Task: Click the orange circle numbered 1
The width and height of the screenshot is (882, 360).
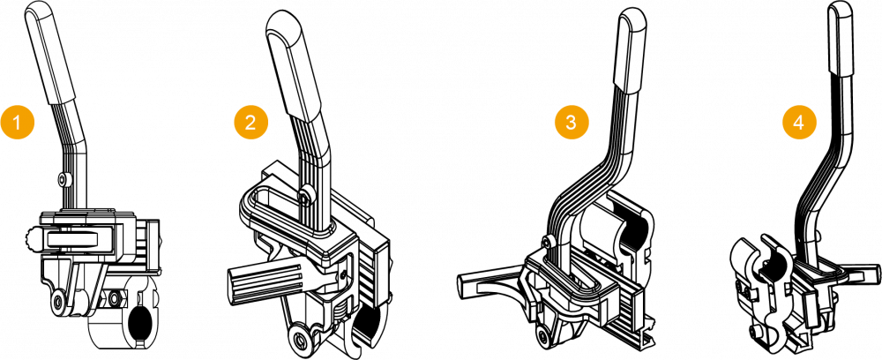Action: [18, 122]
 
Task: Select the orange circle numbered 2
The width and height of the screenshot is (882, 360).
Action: [250, 122]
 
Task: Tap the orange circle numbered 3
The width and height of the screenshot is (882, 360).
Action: [571, 122]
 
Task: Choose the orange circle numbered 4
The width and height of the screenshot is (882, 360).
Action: [799, 122]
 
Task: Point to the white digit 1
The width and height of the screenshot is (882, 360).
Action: [18, 122]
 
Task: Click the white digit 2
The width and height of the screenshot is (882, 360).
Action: [250, 122]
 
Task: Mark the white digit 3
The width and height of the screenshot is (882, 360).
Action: [571, 122]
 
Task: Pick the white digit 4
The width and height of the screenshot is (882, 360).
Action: [799, 122]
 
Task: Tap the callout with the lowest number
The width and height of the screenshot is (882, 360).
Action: [18, 122]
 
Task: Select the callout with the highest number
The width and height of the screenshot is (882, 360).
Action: [799, 122]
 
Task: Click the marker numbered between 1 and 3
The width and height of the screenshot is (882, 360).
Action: [250, 122]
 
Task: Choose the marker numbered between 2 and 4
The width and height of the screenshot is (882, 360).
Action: [571, 122]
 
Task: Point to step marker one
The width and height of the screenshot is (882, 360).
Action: [18, 122]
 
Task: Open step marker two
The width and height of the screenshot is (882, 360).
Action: [250, 122]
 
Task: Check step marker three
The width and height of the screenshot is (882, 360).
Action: [571, 122]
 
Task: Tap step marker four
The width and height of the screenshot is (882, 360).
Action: [799, 122]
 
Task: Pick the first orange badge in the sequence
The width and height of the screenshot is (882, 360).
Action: [18, 122]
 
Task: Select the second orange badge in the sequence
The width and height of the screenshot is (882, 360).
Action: [250, 122]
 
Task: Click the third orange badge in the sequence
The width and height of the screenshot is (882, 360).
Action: [571, 122]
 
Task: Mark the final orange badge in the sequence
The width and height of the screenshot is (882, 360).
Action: [799, 122]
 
